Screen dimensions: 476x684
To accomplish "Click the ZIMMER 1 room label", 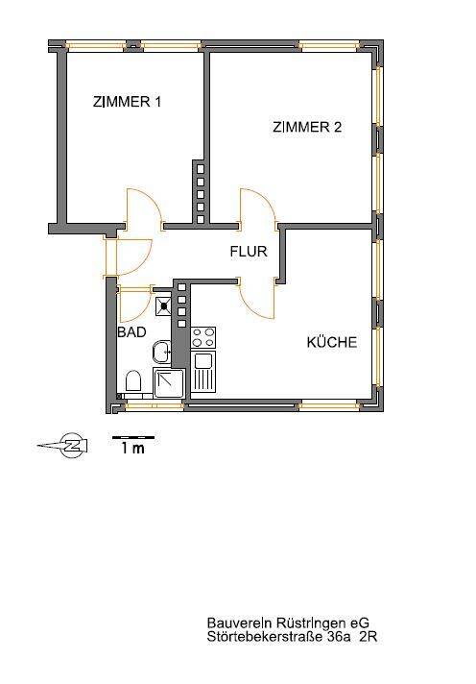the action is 127,102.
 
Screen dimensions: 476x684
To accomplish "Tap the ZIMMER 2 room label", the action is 307,127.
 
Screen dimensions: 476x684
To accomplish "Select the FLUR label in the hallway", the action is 249,252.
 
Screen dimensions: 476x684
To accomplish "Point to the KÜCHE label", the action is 332,342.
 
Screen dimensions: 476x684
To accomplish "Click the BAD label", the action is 131,332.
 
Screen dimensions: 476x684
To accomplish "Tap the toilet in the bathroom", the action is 133,381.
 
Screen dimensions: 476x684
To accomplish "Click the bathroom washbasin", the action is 162,352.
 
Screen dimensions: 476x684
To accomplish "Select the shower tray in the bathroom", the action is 170,382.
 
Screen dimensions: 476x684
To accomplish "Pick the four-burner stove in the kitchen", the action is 203,337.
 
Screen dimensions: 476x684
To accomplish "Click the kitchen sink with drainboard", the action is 203,372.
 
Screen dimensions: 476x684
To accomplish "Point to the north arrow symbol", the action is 63,446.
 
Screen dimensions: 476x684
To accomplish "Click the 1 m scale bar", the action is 133,437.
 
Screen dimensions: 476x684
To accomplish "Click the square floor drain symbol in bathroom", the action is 163,305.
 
